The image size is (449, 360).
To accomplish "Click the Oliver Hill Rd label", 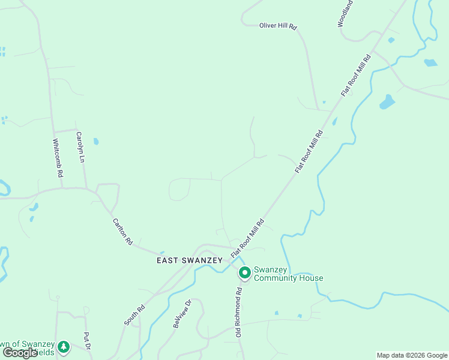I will [278, 26].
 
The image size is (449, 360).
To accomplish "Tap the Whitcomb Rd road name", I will [58, 158].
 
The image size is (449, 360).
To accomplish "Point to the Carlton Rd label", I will [122, 232].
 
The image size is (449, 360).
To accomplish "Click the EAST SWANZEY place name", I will [190, 260].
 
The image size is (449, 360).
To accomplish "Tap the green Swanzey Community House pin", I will [245, 274].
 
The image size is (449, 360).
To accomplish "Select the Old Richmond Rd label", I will [238, 312].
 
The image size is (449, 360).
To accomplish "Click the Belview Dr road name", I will [181, 314].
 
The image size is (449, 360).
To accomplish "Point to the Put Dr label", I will [87, 341].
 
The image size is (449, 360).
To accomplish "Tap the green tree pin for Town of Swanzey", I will [63, 347].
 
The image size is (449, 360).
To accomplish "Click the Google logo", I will [20, 353].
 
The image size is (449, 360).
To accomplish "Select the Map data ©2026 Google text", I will [412, 355].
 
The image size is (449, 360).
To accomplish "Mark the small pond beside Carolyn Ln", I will [95, 142].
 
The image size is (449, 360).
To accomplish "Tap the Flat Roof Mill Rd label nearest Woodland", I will [356, 74].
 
